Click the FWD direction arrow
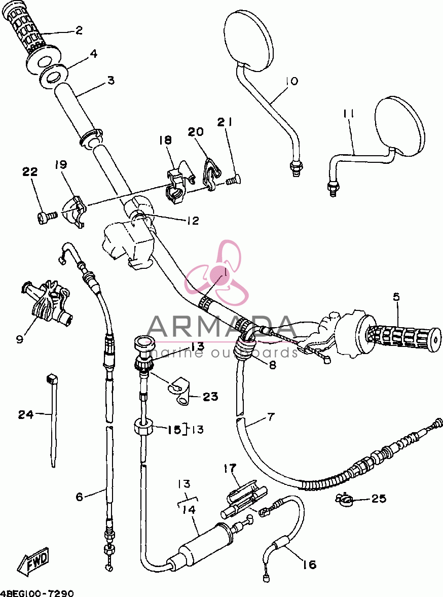coord(35,563)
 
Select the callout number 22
coord(30,172)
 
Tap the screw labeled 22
coord(47,217)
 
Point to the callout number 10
coord(291,81)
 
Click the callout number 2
coord(79,30)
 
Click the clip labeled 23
coord(180,393)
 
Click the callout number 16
coord(310,564)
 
